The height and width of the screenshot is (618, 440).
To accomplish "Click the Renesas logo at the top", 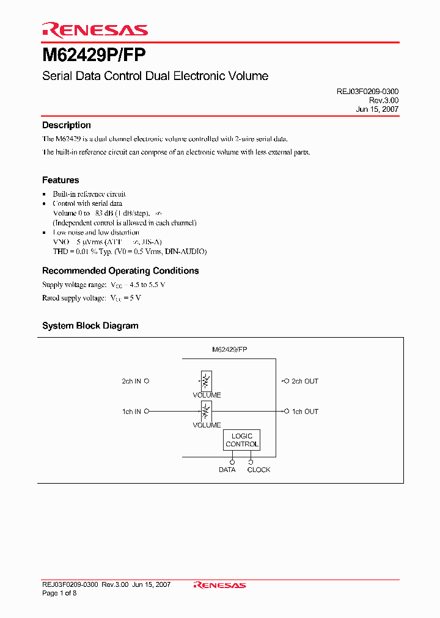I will (x=95, y=29).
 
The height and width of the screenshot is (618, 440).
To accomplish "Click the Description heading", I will (x=66, y=125).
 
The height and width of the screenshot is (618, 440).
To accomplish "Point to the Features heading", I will (x=61, y=180).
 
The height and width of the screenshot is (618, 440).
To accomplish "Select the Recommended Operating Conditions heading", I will (x=120, y=271).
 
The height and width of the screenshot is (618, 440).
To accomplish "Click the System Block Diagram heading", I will (x=90, y=325).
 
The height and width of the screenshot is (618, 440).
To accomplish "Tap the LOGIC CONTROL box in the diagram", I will (x=242, y=440).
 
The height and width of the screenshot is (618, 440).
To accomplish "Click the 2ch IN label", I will (x=131, y=381).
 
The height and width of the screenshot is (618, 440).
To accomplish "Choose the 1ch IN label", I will (x=131, y=412).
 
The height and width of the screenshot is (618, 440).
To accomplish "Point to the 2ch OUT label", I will (x=304, y=381).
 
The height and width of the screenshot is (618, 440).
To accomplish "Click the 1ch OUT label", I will (x=304, y=412).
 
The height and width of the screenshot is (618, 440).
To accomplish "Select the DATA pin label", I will (x=227, y=470).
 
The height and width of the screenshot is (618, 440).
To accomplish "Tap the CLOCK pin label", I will (x=258, y=470).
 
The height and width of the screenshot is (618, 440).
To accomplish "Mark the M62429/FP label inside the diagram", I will (x=229, y=350).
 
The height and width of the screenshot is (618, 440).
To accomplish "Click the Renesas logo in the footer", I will (x=219, y=585).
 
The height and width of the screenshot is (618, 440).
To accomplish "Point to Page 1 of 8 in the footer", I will (x=59, y=593).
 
